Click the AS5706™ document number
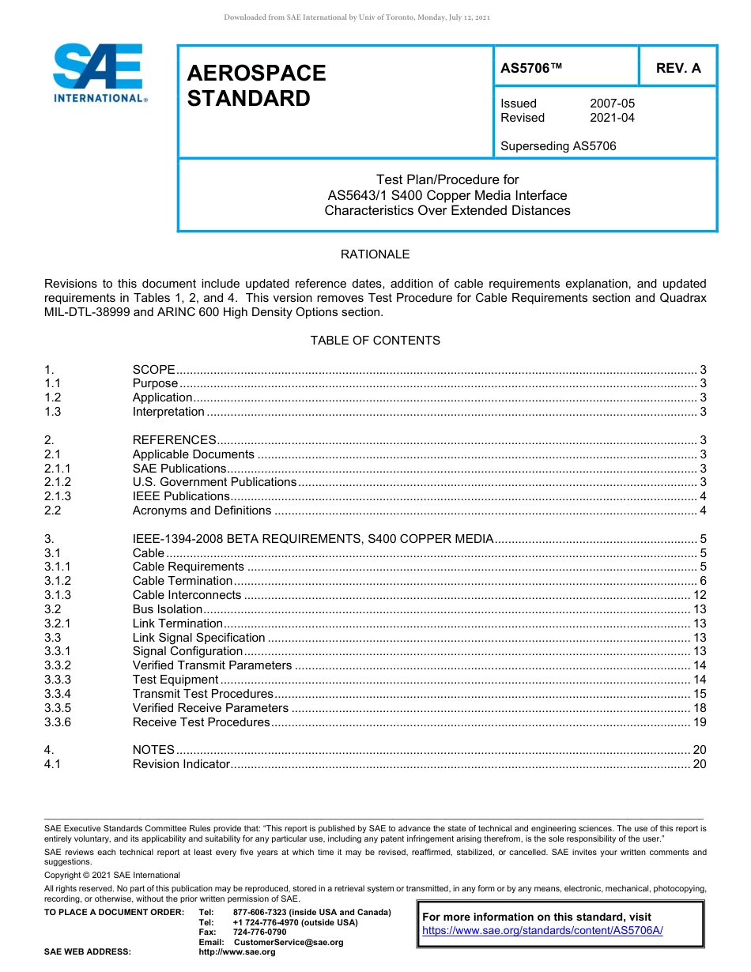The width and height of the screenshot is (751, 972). click(531, 68)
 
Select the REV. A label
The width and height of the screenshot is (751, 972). click(678, 68)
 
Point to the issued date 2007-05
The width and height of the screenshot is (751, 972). click(612, 104)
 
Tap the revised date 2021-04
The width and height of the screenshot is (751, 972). click(612, 118)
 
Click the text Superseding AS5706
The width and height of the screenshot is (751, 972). click(558, 146)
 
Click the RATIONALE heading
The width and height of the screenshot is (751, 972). click(375, 254)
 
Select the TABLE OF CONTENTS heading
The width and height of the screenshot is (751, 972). click(375, 341)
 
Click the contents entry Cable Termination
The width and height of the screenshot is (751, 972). click(182, 581)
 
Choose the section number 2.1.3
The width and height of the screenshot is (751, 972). click(58, 496)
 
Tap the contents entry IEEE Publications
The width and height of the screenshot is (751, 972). click(181, 496)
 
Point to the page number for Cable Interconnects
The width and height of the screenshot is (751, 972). click(699, 595)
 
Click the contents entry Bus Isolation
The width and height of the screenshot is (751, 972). click(168, 609)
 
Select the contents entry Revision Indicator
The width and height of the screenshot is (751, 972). click(181, 764)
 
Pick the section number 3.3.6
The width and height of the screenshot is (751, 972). click(58, 722)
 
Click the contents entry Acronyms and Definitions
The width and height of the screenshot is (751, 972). click(202, 510)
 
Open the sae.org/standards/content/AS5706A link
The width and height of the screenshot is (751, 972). click(542, 930)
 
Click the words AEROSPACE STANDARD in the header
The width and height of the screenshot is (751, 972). click(256, 85)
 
